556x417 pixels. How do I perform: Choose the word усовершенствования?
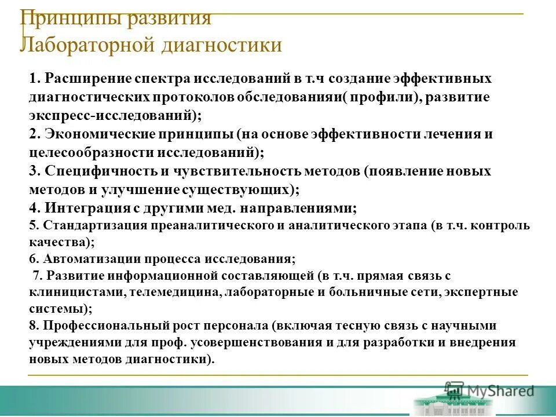pos(255,342)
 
